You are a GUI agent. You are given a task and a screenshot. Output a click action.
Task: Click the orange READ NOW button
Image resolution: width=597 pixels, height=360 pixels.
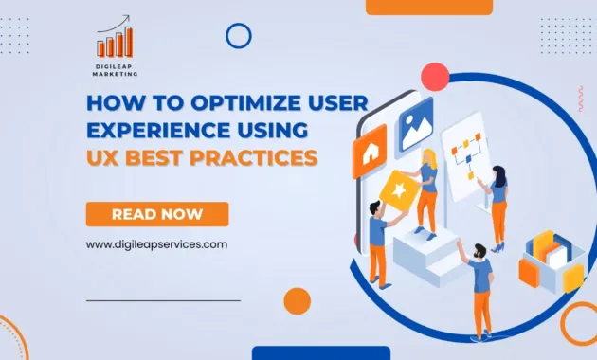pos(157,214)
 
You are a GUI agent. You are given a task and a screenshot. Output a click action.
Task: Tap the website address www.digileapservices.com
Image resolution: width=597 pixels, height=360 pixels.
pos(157,243)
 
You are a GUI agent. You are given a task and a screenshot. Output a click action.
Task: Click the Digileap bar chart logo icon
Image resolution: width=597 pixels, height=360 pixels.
pos(115,40)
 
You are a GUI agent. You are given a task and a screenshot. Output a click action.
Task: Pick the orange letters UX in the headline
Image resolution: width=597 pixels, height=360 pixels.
pos(103,157)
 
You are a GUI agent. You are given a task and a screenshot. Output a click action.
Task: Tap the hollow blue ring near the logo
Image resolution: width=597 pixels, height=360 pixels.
pos(239,36)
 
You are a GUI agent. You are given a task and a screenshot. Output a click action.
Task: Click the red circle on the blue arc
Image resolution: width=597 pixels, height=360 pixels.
pos(435,77)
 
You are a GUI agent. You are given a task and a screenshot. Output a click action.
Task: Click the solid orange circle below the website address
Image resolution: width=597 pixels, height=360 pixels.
pos(298,300)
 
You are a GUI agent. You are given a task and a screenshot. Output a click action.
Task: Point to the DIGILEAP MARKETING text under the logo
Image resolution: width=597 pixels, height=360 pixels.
pos(114,73)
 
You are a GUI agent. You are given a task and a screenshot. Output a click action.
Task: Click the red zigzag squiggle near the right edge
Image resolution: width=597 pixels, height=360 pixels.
pos(580,98)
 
